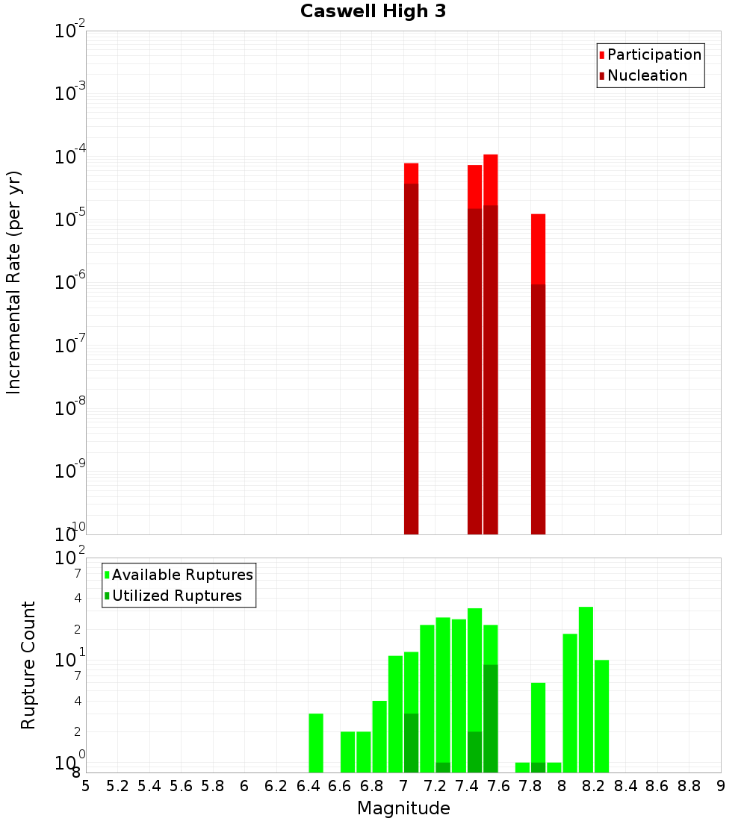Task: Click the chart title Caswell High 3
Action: (x=373, y=12)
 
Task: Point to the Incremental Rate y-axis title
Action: (x=14, y=282)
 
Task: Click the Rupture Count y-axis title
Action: (x=28, y=664)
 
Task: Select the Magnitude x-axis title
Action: (x=403, y=808)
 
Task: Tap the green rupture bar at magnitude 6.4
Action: (x=316, y=743)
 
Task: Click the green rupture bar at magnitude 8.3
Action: (x=601, y=716)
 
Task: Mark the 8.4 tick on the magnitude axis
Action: (x=625, y=786)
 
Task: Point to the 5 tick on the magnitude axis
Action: (x=86, y=786)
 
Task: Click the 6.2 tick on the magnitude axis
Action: (x=276, y=786)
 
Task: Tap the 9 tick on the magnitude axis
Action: (x=721, y=786)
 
